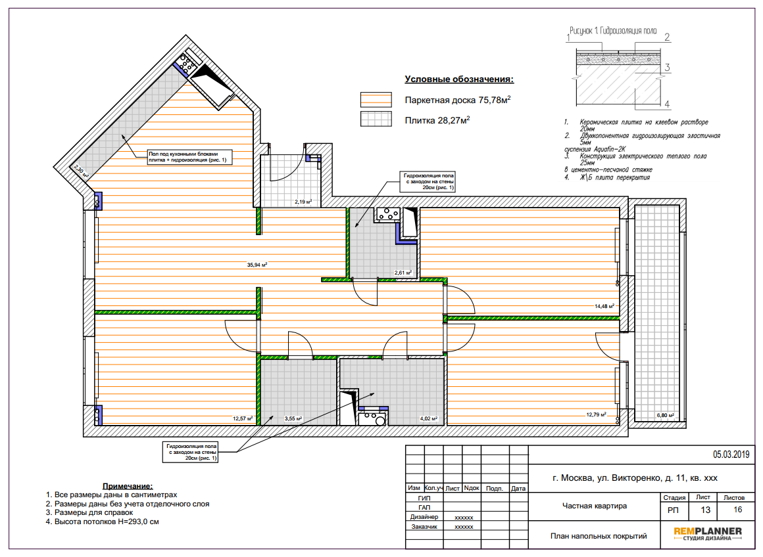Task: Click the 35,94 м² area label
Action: point(257,265)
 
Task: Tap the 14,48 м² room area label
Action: point(604,306)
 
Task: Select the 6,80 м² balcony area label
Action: point(665,416)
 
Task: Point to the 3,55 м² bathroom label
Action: point(293,418)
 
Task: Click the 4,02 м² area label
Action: point(428,418)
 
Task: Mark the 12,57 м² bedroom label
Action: point(242,418)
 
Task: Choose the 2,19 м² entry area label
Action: point(303,202)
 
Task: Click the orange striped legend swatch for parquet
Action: point(376,100)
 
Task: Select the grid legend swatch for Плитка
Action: point(376,119)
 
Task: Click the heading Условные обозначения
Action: point(459,79)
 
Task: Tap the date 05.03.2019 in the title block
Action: point(731,455)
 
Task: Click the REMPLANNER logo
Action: point(708,533)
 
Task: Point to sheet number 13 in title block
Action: point(705,510)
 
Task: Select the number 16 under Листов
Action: point(738,509)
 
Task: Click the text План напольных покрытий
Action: point(599,536)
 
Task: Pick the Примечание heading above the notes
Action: point(128,486)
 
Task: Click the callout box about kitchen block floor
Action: point(190,157)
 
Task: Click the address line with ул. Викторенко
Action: point(635,478)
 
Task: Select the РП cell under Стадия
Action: point(673,510)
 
